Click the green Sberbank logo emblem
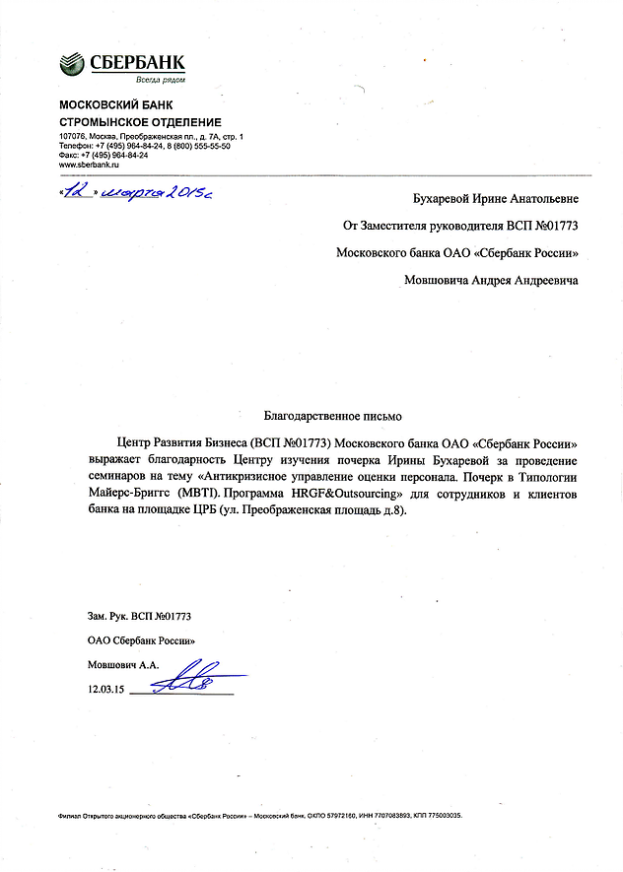pyautogui.click(x=73, y=65)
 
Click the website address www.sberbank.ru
pyautogui.click(x=89, y=164)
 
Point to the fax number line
pyautogui.click(x=104, y=155)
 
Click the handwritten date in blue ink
pyautogui.click(x=137, y=192)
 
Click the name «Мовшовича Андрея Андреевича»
pyautogui.click(x=491, y=280)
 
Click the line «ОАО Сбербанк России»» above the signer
pyautogui.click(x=142, y=640)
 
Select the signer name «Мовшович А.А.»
pyautogui.click(x=123, y=665)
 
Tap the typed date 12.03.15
pyautogui.click(x=106, y=691)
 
